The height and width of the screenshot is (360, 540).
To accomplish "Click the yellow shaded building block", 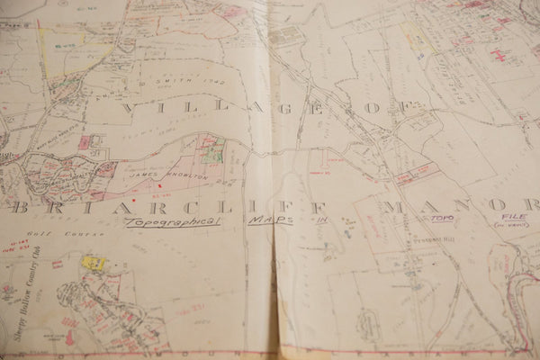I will tap(94, 263).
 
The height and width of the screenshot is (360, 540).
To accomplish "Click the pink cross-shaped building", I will tap(498, 55).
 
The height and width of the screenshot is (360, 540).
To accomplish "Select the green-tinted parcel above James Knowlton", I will tap(211, 155).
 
